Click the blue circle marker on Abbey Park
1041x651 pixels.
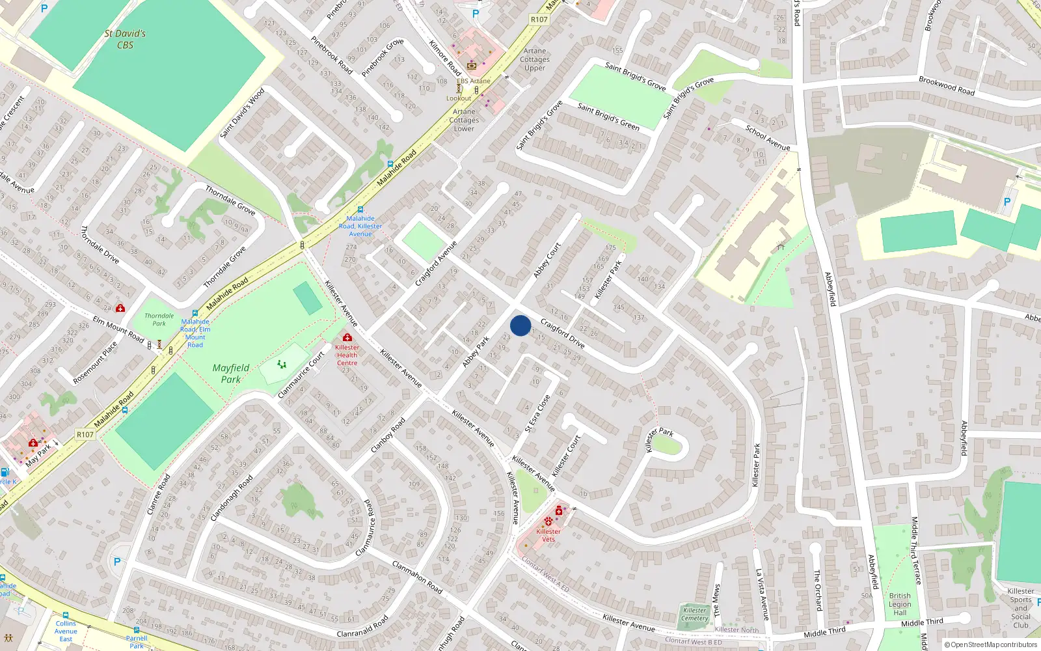520,325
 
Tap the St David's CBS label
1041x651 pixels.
125,39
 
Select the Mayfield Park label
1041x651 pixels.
231,374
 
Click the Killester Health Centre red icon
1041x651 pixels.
347,337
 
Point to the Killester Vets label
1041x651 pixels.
548,535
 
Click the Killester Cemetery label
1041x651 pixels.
695,615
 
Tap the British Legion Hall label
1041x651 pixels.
900,604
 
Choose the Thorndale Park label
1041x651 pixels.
159,320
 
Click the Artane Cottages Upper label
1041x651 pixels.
535,59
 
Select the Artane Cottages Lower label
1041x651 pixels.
464,120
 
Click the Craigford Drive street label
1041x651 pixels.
563,333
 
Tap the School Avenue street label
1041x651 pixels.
768,138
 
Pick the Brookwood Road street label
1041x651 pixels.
947,86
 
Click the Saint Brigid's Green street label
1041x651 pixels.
608,117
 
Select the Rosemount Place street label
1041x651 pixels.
96,363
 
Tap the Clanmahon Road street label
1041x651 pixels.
417,577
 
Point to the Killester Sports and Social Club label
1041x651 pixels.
1020,608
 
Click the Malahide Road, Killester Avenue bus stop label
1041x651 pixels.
360,226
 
